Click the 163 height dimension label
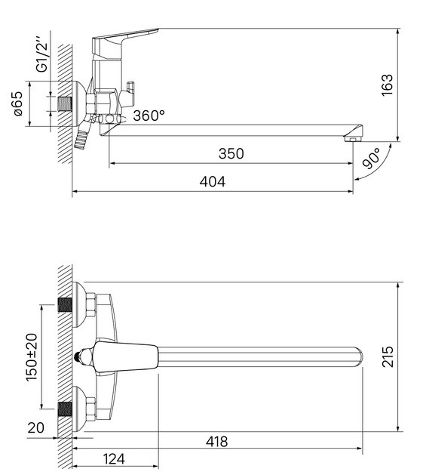tap(387, 85)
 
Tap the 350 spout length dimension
tap(231, 153)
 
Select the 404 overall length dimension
tap(213, 182)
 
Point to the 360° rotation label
tap(149, 116)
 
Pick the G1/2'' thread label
tap(41, 55)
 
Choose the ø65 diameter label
tap(18, 103)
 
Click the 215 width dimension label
tap(388, 357)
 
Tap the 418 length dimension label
tap(216, 442)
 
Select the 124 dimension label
tap(114, 459)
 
